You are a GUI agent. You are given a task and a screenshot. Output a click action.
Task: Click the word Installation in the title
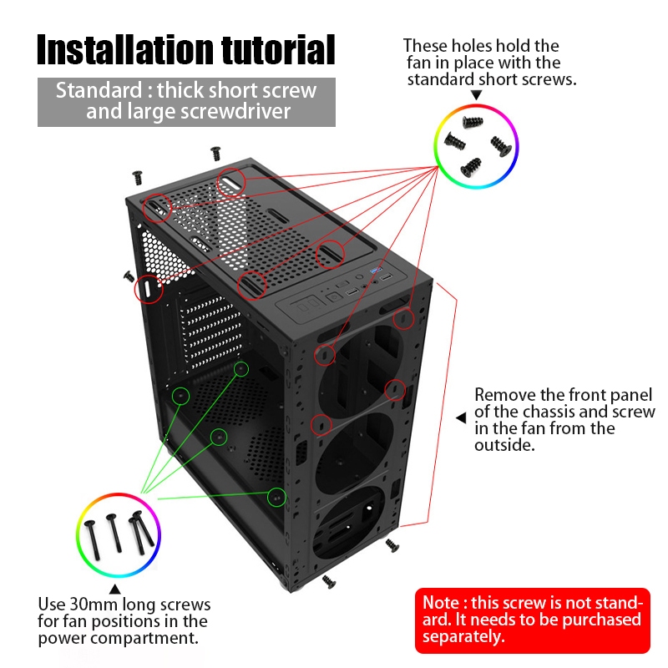click(125, 49)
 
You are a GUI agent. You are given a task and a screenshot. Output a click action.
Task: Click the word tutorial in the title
click(278, 49)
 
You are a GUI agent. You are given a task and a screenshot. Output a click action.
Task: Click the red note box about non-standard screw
click(533, 620)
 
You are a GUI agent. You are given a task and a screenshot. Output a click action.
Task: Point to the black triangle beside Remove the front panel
click(461, 418)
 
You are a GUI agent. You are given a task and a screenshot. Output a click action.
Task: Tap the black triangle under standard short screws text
click(476, 94)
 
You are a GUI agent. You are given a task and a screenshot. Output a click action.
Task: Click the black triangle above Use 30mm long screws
click(114, 590)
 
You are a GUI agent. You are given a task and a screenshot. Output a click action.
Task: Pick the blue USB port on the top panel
click(376, 270)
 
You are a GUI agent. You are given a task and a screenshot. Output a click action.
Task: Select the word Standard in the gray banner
click(99, 90)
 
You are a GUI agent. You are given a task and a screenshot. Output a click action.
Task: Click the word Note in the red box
click(441, 603)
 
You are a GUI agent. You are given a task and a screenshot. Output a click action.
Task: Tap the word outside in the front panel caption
click(504, 445)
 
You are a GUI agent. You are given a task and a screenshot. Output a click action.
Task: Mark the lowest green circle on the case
click(276, 497)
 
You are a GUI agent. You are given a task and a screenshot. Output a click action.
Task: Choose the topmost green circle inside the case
click(241, 369)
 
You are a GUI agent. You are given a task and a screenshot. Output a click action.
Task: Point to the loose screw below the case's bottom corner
click(328, 581)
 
